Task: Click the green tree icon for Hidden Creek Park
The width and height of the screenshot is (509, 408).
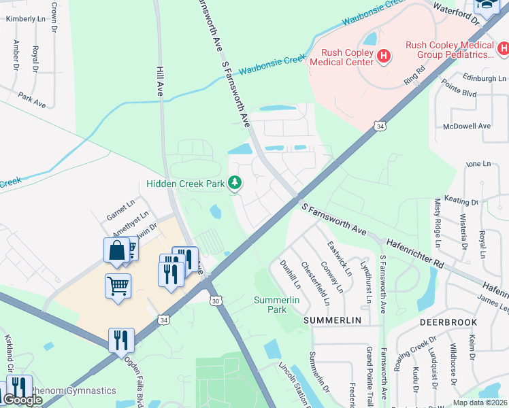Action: pyautogui.click(x=235, y=183)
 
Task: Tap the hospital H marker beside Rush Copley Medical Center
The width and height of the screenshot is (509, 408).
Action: pyautogui.click(x=384, y=55)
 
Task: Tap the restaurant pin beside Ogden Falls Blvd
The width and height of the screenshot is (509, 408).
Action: pyautogui.click(x=121, y=341)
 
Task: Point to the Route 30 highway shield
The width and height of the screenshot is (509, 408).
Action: pyautogui.click(x=216, y=301)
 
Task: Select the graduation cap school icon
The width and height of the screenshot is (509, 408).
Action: pyautogui.click(x=487, y=5)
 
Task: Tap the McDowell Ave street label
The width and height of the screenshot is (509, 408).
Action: pyautogui.click(x=467, y=126)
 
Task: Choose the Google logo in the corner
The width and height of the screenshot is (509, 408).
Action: pyautogui.click(x=22, y=400)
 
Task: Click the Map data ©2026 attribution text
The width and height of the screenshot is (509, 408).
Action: pyautogui.click(x=480, y=403)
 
